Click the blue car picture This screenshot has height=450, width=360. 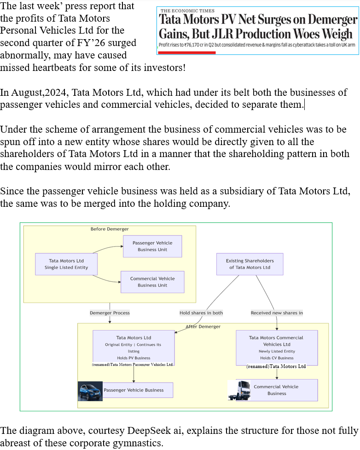tap(90, 391)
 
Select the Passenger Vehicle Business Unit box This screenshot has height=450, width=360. tap(152, 246)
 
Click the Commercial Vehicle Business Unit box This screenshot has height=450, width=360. tap(152, 282)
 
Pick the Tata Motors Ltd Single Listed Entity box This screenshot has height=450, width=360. tap(66, 264)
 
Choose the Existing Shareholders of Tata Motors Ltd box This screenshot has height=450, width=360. tap(250, 264)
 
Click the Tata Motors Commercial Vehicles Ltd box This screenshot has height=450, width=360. tap(276, 347)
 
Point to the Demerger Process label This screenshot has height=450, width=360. tap(110, 313)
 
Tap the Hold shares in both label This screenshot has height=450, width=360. tap(201, 313)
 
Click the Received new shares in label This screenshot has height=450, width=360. tap(277, 313)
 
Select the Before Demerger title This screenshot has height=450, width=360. tap(110, 229)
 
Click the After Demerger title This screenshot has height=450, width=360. tap(203, 327)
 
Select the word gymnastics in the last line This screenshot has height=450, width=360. tap(139, 444)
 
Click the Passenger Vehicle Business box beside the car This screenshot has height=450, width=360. tap(134, 390)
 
